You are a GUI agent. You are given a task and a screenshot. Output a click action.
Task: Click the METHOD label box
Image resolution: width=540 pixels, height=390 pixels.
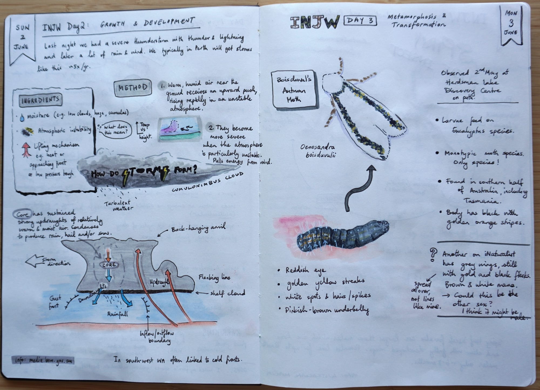pos(133,88)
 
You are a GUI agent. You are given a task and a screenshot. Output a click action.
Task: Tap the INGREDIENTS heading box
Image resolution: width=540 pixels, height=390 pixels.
pos(40,100)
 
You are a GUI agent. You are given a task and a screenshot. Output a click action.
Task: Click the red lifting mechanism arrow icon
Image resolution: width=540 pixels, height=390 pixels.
pos(26,149)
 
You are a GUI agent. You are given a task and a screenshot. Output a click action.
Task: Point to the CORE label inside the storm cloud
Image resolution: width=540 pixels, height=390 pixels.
pos(109,265)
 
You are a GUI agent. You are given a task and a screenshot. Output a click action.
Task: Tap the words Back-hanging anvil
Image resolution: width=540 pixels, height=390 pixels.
pos(198,229)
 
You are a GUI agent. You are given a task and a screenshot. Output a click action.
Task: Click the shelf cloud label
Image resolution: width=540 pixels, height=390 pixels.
pos(227,293)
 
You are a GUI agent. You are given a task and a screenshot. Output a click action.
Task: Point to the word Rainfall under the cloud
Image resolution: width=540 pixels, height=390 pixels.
pos(117,314)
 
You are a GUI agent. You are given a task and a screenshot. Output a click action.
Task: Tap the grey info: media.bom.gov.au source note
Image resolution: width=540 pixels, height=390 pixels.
pos(43,360)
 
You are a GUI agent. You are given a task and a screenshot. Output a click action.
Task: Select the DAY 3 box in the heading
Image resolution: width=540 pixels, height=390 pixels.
pos(360,21)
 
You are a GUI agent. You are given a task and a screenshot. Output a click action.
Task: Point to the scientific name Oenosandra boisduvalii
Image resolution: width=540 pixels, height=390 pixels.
pos(318,151)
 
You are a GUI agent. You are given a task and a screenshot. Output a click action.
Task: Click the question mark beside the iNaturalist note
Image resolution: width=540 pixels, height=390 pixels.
pos(433,255)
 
